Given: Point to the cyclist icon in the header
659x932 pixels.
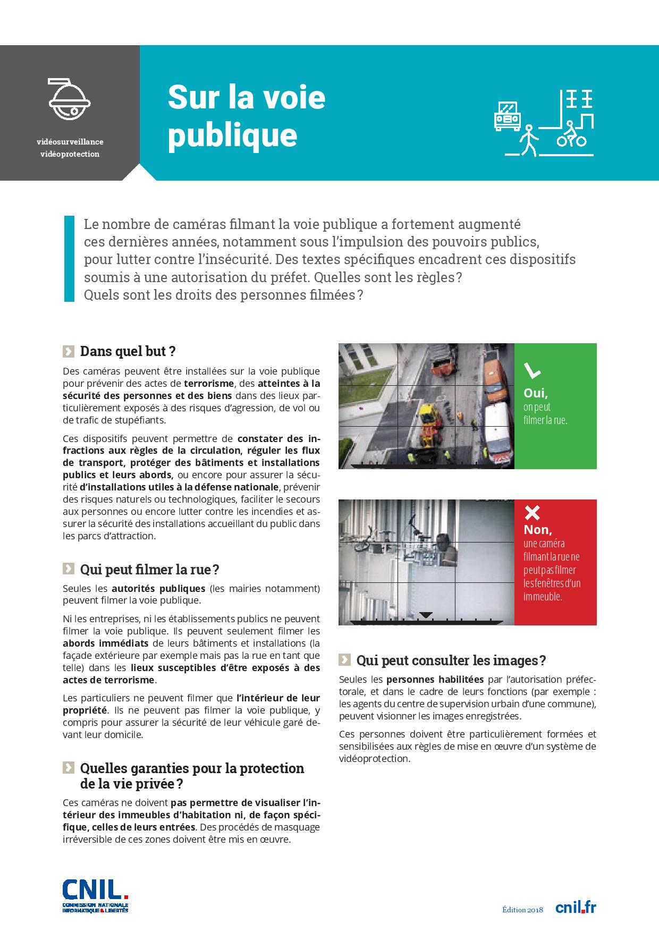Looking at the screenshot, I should point(571,135).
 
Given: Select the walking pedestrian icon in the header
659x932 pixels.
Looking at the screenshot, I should point(529,141).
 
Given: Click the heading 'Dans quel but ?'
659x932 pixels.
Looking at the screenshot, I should point(128,351).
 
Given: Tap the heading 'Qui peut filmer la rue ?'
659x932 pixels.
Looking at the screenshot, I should point(149,570).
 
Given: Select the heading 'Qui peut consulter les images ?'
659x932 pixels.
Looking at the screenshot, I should point(451,660).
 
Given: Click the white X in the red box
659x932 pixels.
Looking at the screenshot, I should point(532,513).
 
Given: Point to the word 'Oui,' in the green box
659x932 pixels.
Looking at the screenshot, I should point(536,393).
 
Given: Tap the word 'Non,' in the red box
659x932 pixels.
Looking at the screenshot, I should point(538,530).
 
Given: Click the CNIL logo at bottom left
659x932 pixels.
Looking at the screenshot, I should point(95,895).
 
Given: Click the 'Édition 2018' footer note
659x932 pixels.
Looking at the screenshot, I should point(522,910).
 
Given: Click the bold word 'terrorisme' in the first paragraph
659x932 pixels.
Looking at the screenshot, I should point(209,383).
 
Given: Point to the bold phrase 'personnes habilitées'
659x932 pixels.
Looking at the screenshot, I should point(435,680).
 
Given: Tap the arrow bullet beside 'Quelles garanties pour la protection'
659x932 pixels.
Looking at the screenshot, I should point(68,767).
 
